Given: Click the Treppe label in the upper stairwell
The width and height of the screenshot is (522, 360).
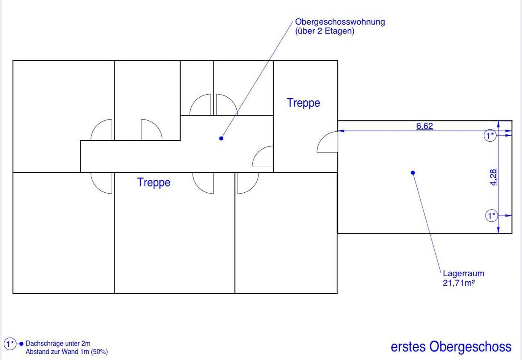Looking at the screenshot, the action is (x=303, y=103).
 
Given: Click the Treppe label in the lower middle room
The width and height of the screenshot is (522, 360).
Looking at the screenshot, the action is (x=154, y=182).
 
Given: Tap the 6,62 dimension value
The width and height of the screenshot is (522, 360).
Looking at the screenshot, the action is (x=424, y=126).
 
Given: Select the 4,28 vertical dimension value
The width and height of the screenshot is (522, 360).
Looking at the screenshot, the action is (x=493, y=177).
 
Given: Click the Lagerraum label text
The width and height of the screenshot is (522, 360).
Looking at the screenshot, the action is (x=463, y=273).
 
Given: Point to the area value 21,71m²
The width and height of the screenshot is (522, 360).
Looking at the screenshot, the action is (x=459, y=283).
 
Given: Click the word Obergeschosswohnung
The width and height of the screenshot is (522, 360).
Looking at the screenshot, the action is (x=340, y=22).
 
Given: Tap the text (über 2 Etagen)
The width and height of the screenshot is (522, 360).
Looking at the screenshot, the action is (x=324, y=31).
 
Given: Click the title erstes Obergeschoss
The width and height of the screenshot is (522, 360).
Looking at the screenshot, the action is (x=451, y=347).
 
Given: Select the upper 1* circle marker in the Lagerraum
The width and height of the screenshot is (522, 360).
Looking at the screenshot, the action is (x=490, y=136).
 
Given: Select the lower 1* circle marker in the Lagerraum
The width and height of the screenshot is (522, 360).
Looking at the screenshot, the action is (x=491, y=216).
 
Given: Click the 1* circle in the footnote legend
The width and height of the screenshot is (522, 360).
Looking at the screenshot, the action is (x=10, y=343).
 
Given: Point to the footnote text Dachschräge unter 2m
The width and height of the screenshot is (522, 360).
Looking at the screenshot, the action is (x=58, y=343).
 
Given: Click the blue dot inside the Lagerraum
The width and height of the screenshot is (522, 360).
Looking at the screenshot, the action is (x=413, y=173).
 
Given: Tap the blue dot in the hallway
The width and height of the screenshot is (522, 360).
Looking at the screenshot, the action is (x=221, y=138).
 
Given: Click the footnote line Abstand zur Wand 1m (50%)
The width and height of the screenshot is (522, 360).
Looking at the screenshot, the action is (x=66, y=352).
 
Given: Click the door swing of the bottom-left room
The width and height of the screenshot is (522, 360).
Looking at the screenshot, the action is (x=101, y=183).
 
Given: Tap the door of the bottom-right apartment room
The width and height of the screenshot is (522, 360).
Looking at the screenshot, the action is (x=248, y=183).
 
